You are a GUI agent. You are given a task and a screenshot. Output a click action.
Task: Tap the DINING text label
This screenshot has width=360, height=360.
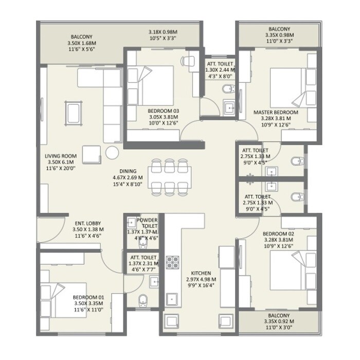128,171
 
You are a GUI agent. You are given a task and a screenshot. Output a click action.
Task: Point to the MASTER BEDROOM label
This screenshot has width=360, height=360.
276,112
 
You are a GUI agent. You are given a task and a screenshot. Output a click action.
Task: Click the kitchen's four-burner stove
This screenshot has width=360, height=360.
171,262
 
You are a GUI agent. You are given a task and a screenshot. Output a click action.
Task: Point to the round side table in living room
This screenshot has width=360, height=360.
111,152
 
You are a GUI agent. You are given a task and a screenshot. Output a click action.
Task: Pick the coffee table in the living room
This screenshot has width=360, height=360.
73,112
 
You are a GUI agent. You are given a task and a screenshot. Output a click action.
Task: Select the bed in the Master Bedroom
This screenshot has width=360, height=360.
289,85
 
